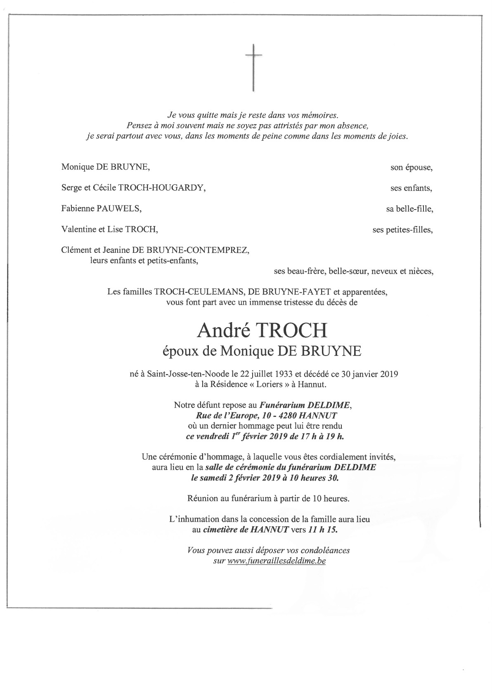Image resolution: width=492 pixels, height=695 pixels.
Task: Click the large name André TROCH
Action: click(x=262, y=330)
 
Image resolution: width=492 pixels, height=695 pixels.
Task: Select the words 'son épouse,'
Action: click(x=412, y=167)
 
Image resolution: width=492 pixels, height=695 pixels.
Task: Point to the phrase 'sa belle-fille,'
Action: click(x=409, y=209)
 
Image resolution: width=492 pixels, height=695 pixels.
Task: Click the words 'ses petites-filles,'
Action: click(x=402, y=230)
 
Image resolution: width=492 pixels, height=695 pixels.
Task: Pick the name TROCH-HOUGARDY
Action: click(x=161, y=188)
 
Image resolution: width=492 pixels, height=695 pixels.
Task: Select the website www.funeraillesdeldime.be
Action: click(x=277, y=561)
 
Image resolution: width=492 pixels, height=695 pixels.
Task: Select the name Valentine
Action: click(x=79, y=229)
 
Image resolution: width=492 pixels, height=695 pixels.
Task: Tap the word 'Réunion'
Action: click(x=202, y=499)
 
